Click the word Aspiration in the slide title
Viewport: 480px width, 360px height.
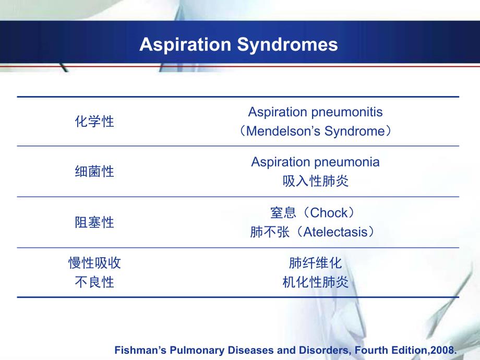pos(185,44)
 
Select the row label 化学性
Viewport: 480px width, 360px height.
pos(94,122)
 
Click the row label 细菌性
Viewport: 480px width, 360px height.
pos(94,172)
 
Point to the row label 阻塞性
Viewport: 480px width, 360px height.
pos(94,223)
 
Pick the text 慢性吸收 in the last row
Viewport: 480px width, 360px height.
pos(94,263)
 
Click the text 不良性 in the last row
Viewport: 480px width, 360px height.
pos(94,283)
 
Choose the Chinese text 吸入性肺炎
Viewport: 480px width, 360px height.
pos(315,182)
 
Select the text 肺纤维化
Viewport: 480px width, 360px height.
pos(315,263)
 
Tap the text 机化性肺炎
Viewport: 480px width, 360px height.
pos(315,283)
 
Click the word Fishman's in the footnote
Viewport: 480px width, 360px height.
pos(139,351)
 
